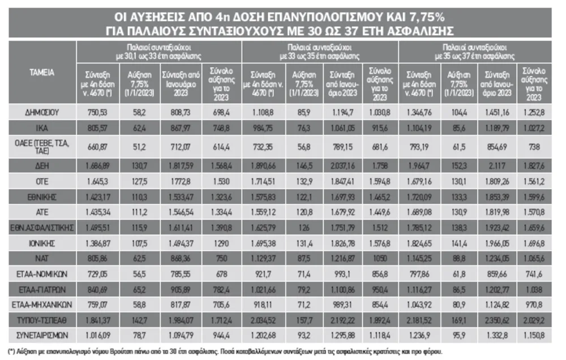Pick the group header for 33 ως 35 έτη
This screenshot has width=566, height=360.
coord(320,52)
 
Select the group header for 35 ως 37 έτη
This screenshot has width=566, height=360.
coord(475,52)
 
